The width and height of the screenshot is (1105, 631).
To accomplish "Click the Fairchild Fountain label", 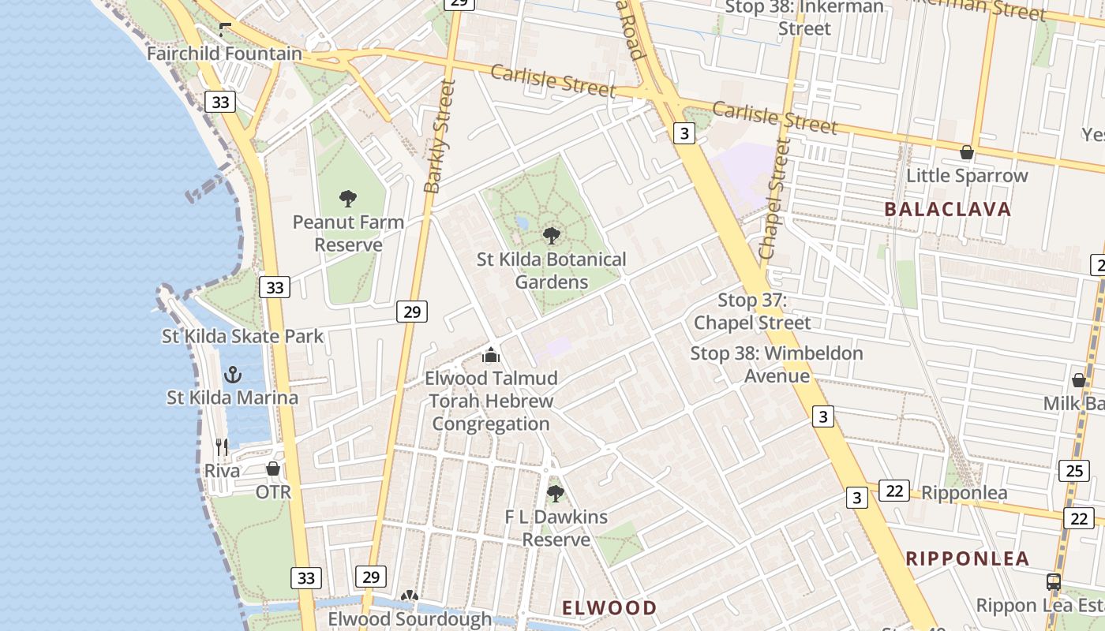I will (225, 54).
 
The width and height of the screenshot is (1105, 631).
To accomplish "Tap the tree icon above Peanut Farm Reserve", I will (347, 199).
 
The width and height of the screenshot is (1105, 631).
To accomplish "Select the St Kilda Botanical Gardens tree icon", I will (552, 236).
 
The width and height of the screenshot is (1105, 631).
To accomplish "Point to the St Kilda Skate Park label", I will (243, 337).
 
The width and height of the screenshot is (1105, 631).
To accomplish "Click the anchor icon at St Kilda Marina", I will (233, 374).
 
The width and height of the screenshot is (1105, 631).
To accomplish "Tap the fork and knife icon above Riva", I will (222, 447).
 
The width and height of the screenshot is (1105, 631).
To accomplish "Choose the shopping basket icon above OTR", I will (273, 469).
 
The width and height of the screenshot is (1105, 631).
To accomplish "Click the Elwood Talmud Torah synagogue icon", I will (491, 355).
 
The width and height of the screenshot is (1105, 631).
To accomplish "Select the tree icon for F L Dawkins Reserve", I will (556, 495).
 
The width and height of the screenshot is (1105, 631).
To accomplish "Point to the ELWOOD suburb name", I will (609, 608).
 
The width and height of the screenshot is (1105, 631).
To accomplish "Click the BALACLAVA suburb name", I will (947, 210).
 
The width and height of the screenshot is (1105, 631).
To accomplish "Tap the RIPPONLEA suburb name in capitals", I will (968, 559).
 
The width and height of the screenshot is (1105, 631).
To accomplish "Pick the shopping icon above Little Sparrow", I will (966, 152).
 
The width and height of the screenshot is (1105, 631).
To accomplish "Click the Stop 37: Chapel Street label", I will (752, 312).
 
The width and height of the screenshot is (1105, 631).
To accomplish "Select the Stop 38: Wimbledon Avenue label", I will (777, 364).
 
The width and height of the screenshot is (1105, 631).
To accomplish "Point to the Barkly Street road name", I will (440, 136).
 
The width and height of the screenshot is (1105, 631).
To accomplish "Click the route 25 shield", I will (1074, 471).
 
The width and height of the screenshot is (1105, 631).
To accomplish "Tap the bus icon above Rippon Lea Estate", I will (1053, 582).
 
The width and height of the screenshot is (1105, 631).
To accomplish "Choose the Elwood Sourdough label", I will (410, 618).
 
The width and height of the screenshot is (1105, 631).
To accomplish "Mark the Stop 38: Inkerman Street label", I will (804, 17).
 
